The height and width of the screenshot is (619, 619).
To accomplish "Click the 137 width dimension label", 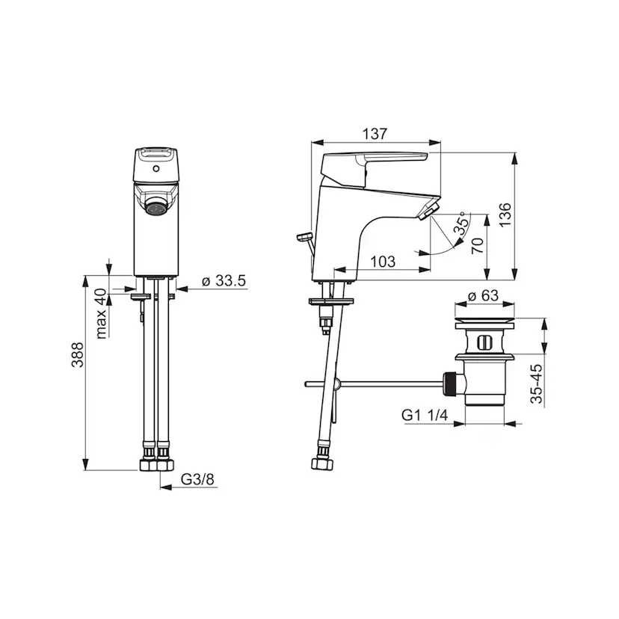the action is coord(375,134).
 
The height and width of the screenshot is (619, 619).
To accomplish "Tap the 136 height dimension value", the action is coord(505,215).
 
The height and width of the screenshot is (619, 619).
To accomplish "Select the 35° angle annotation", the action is coord(462,223).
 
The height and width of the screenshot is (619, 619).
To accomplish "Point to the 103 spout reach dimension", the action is coord(383,262).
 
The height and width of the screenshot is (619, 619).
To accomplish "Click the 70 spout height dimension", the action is coord(478,245).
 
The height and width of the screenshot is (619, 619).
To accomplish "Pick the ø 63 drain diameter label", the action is coord(482,295).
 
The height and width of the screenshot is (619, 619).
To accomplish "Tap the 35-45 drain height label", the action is coord(537,384).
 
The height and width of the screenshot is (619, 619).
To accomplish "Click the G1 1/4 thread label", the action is coord(425,416).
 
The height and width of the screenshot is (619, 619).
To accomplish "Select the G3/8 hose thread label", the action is coord(197,479).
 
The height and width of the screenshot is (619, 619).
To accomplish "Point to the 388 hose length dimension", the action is coord(78,354).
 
